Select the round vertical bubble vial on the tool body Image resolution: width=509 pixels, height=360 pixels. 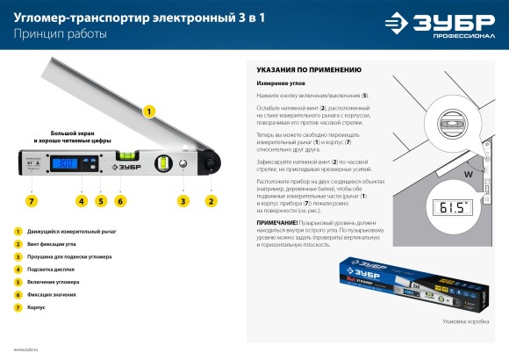pos(163,163)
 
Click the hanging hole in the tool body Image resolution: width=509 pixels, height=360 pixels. pos(183,163)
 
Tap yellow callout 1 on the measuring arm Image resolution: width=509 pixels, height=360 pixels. pos(149,112)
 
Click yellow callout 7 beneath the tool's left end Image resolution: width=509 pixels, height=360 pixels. pos(32,201)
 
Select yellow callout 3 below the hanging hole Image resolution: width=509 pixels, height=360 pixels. pos(183,201)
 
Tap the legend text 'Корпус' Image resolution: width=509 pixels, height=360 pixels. pos(38,307)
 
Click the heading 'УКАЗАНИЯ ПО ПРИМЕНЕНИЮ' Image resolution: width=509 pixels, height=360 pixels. pos(309,68)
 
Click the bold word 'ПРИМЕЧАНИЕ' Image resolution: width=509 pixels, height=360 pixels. pos(277,222)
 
